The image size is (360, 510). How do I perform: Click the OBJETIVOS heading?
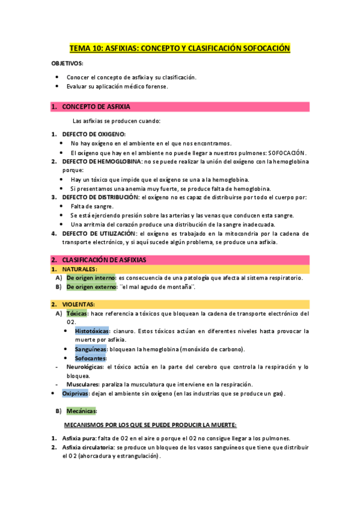pyautogui.click(x=67, y=63)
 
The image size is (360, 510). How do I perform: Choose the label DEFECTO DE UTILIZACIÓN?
pyautogui.click(x=99, y=233)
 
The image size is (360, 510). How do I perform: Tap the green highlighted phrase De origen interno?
pyautogui.click(x=91, y=278)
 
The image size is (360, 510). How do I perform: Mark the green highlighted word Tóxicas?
pyautogui.click(x=76, y=313)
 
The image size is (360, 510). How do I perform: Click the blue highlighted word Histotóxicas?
pyautogui.click(x=92, y=331)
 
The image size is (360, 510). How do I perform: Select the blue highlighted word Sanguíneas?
pyautogui.click(x=91, y=349)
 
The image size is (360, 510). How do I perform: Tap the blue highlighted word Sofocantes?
pyautogui.click(x=91, y=358)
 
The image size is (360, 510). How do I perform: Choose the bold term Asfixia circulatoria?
pyautogui.click(x=88, y=447)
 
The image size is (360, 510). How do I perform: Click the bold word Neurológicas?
pyautogui.click(x=85, y=366)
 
